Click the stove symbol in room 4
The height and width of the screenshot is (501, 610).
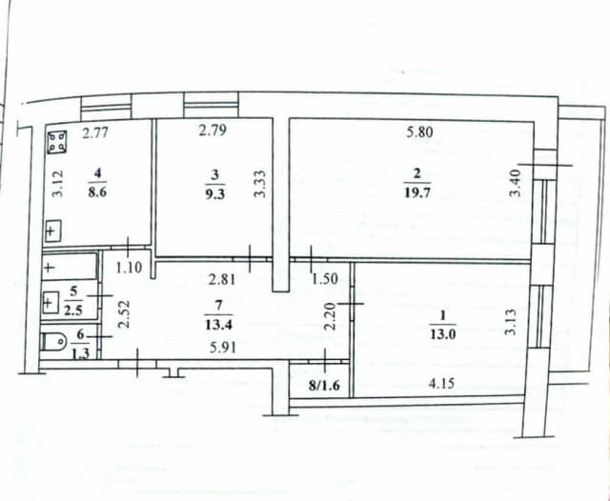tap(59, 142)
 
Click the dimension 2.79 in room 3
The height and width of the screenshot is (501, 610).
tap(213, 132)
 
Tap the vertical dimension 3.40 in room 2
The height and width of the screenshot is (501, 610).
tap(516, 182)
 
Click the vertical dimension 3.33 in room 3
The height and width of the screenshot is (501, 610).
tap(258, 182)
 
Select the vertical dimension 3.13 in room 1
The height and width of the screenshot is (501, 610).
tap(510, 320)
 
